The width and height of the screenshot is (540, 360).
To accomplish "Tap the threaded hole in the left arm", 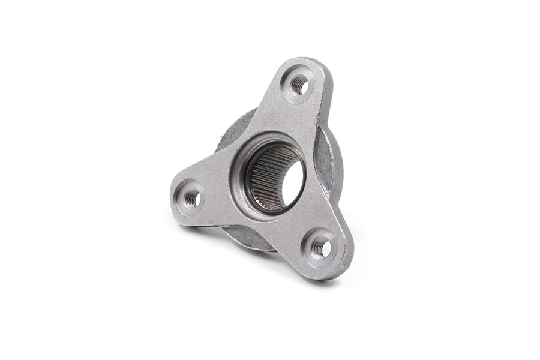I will pyautogui.click(x=191, y=197).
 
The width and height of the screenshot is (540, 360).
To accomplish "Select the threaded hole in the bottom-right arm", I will pyautogui.click(x=320, y=245).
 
